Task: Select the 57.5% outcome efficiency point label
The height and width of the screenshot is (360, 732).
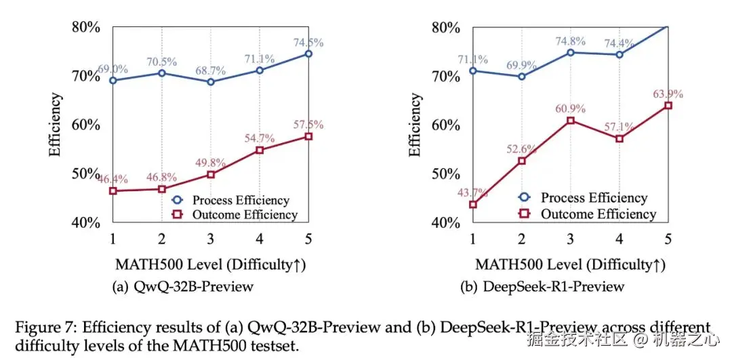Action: tap(308, 125)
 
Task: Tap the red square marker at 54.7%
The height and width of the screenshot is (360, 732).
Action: tap(260, 150)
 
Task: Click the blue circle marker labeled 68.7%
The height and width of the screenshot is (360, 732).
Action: tap(211, 82)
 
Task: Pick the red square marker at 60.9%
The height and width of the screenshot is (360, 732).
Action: tap(571, 121)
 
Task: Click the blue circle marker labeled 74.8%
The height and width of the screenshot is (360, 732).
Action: tap(571, 52)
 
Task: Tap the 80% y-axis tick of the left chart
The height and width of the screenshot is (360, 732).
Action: tap(86, 27)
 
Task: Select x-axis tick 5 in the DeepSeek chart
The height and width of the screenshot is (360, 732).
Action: tap(668, 239)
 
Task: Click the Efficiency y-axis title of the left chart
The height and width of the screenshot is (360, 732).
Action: tap(55, 125)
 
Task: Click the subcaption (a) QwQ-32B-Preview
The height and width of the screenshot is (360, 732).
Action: tap(182, 287)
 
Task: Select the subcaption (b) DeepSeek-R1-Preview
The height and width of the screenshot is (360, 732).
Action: tap(542, 287)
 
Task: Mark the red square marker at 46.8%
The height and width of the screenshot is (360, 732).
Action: tap(162, 189)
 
